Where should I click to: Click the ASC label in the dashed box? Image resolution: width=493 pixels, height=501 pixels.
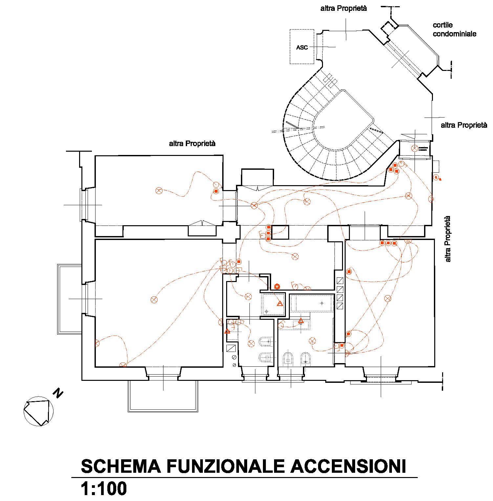pos(302,48)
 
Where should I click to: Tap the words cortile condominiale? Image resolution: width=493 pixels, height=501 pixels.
pos(454,30)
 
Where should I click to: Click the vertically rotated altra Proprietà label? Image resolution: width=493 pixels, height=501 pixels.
pos(448,239)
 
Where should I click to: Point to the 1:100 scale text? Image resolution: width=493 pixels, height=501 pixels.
pos(104,489)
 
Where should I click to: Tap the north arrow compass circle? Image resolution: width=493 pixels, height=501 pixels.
pos(38,411)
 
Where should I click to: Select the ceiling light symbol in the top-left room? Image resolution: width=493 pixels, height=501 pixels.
pos(159,191)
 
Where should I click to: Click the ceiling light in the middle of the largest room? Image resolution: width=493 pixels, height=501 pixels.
pos(154,299)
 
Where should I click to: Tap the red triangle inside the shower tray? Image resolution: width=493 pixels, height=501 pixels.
pos(280,303)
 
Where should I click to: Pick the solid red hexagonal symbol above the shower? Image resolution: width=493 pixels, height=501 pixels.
pos(277,286)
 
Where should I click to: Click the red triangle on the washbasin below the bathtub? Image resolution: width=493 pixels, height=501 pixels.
pos(301,320)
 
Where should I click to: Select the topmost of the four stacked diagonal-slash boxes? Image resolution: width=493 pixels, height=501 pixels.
pos(340,281)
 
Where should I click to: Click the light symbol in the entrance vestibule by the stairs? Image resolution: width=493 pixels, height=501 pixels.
pos(415,148)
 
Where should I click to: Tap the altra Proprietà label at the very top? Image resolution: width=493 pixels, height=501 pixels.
pos(344,9)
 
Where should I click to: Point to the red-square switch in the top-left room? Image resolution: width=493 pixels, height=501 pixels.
pos(216,191)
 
